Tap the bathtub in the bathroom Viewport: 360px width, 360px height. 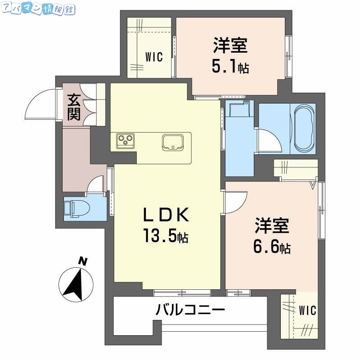pyautogui.click(x=305, y=129)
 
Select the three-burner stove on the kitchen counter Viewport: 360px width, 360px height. pyautogui.click(x=125, y=140)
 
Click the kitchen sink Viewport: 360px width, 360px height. pyautogui.click(x=173, y=142)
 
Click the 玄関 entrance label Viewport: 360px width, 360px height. pyautogui.click(x=74, y=107)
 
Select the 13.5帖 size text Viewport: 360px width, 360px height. pyautogui.click(x=166, y=236)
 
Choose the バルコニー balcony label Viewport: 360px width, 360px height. pyautogui.click(x=190, y=310)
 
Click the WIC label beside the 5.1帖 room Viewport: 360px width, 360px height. pyautogui.click(x=153, y=57)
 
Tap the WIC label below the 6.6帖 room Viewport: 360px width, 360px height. pyautogui.click(x=308, y=310)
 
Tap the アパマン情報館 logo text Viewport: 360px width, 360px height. pyautogui.click(x=38, y=9)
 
